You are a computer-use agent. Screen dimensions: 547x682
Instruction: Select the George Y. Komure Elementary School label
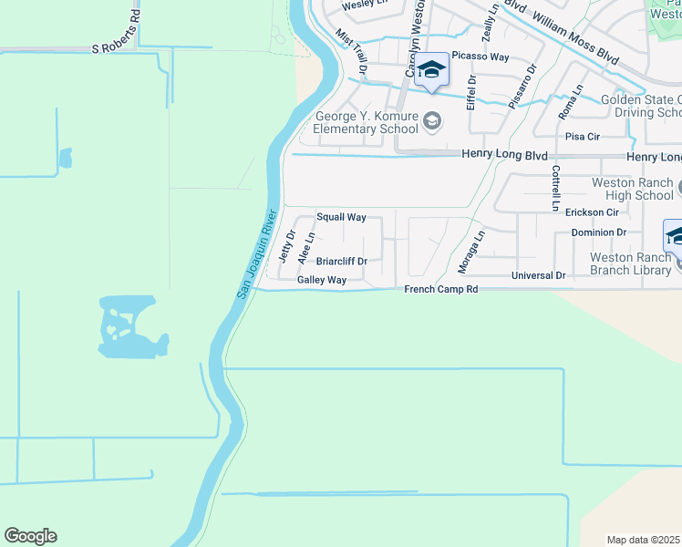pyautogui.click(x=366, y=122)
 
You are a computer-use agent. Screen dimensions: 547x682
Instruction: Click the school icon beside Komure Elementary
pyautogui.click(x=432, y=119)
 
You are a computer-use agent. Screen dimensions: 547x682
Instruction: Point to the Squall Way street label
pyautogui.click(x=341, y=218)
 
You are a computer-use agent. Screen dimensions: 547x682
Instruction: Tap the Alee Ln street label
pyautogui.click(x=306, y=248)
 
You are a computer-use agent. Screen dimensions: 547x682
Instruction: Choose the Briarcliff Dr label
pyautogui.click(x=342, y=262)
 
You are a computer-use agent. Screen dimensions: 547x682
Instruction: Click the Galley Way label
pyautogui.click(x=322, y=281)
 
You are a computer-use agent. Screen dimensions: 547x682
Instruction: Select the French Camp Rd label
pyautogui.click(x=441, y=289)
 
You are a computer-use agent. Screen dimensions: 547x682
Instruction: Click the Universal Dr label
pyautogui.click(x=539, y=275)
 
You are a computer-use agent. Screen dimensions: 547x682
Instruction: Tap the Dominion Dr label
pyautogui.click(x=599, y=232)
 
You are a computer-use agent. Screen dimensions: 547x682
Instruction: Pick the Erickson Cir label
pyautogui.click(x=592, y=212)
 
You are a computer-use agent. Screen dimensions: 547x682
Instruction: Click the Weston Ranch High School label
pyautogui.click(x=632, y=189)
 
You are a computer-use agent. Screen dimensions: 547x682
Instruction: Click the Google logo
pyautogui.click(x=30, y=536)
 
